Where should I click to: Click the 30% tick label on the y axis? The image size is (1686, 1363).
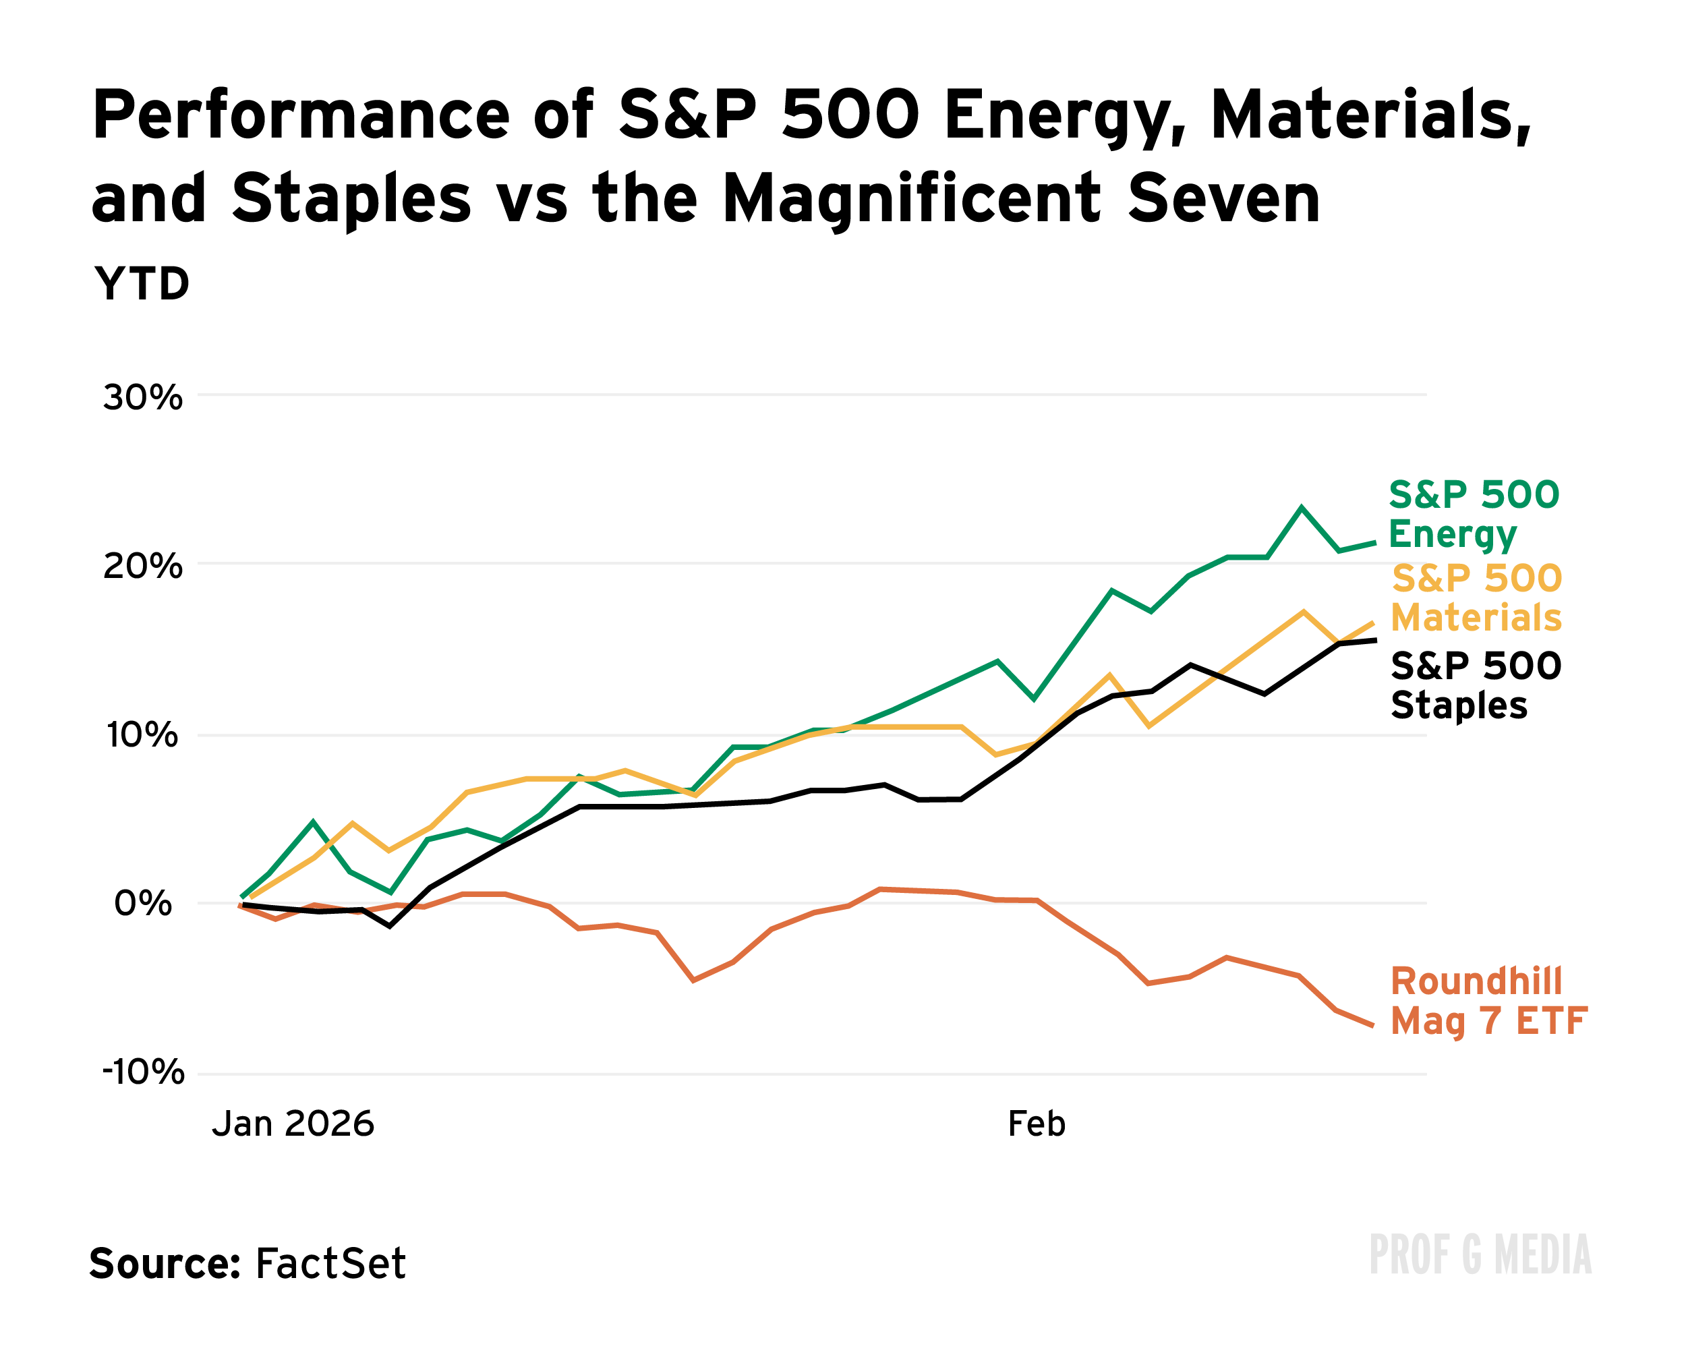coord(142,398)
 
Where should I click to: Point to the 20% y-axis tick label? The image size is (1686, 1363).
coord(142,566)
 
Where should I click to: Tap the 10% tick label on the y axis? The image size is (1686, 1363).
coord(142,735)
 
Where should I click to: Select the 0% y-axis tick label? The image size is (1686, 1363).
coord(142,904)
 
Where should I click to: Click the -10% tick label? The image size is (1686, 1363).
coord(143,1072)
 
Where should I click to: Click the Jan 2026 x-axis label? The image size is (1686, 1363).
coord(293,1124)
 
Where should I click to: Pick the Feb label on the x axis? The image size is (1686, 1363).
coord(1036,1124)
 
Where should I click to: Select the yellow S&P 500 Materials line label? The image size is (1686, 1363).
coord(1476,598)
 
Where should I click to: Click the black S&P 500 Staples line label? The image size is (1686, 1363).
coord(1475,685)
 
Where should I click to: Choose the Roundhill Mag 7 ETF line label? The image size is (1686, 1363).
coord(1488,1001)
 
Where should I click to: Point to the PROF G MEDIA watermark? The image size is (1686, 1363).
coord(1480,1254)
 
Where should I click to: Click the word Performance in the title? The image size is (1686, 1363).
coord(301,115)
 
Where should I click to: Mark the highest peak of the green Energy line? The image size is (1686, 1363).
coord(1302,508)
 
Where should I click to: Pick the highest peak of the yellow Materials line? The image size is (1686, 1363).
coord(1303,612)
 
